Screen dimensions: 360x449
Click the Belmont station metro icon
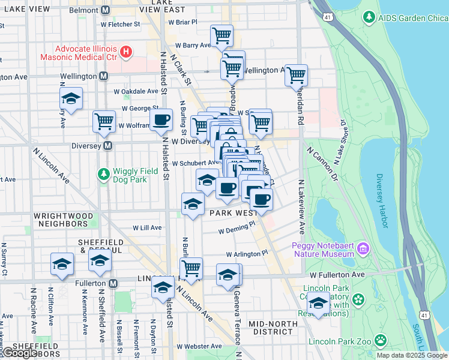[106, 10]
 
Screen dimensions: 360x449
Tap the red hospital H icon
[126, 52]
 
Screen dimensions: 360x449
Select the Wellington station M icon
[103, 76]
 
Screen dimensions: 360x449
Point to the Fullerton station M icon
[113, 283]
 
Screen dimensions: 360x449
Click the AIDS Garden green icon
[369, 18]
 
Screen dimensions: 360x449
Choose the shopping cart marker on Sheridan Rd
[296, 75]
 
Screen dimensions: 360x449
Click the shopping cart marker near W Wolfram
[104, 121]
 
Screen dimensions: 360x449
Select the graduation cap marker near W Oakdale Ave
[71, 98]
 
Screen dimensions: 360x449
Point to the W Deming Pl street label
[237, 229]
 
